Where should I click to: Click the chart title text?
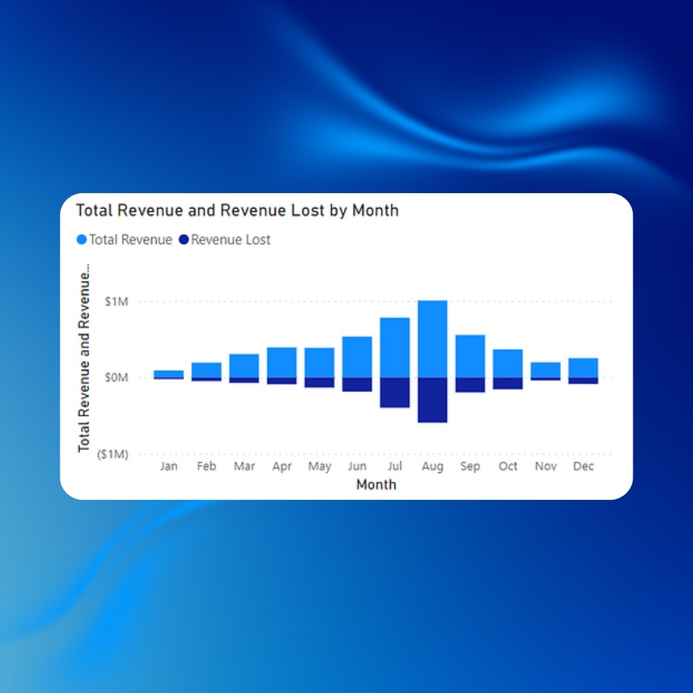[237, 210]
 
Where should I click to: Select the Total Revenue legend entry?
[124, 239]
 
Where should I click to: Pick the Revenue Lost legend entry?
[225, 239]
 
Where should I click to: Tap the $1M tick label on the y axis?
[116, 302]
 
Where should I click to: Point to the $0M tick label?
[116, 377]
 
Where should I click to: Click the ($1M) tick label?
[113, 454]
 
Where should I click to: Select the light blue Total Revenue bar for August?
[432, 339]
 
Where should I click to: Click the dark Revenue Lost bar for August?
[432, 400]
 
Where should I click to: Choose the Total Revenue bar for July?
[395, 347]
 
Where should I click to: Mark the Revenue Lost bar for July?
[395, 393]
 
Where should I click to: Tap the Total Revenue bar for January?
[168, 374]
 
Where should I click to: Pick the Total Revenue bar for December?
[583, 368]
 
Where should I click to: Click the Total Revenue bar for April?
[282, 363]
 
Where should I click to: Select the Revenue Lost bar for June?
[357, 384]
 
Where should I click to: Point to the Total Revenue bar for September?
[470, 356]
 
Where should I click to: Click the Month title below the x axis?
[376, 484]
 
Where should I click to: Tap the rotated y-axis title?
[84, 357]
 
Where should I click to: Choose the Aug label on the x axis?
[432, 466]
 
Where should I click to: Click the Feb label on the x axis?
[207, 466]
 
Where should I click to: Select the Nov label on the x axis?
[545, 466]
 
